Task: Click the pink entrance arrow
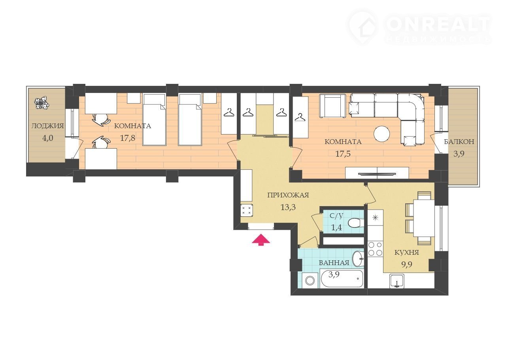pyautogui.click(x=261, y=240)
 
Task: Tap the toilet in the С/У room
pyautogui.click(x=355, y=223)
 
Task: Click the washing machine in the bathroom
pyautogui.click(x=310, y=280)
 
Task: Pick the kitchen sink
pyautogui.click(x=396, y=281)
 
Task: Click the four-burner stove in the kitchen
pyautogui.click(x=375, y=249)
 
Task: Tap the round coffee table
pyautogui.click(x=381, y=134)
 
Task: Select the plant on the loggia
pyautogui.click(x=42, y=103)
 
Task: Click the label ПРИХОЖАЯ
pyautogui.click(x=288, y=195)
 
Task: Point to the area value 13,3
pyautogui.click(x=288, y=207)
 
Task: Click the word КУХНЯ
pyautogui.click(x=407, y=252)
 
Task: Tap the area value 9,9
pyautogui.click(x=407, y=264)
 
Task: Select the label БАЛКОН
pyautogui.click(x=459, y=142)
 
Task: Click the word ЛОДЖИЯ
pyautogui.click(x=47, y=126)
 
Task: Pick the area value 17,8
pyautogui.click(x=128, y=138)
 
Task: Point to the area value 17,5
pyautogui.click(x=343, y=154)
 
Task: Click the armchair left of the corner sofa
pyautogui.click(x=332, y=106)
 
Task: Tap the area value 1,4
pyautogui.click(x=336, y=227)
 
